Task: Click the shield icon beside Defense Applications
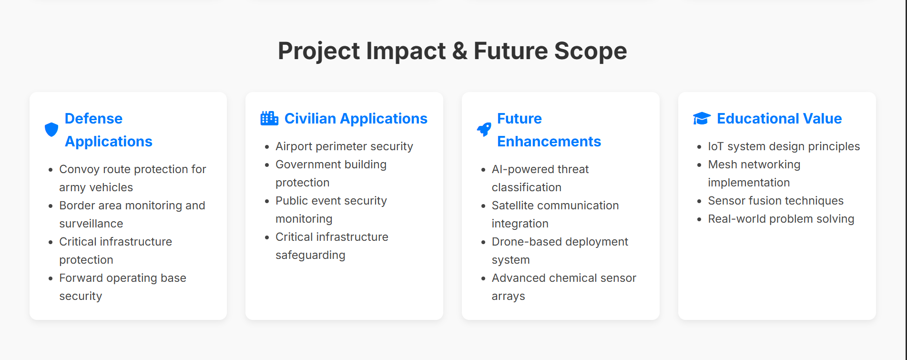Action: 51,130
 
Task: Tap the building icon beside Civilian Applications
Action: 269,118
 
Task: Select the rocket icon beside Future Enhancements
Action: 484,129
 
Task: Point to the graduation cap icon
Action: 702,118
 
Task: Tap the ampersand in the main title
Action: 460,51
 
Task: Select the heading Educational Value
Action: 779,118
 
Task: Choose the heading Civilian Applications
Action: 356,118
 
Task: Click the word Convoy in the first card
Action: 76,169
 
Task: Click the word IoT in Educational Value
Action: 716,146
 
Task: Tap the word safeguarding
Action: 310,255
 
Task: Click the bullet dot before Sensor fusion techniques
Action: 699,201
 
